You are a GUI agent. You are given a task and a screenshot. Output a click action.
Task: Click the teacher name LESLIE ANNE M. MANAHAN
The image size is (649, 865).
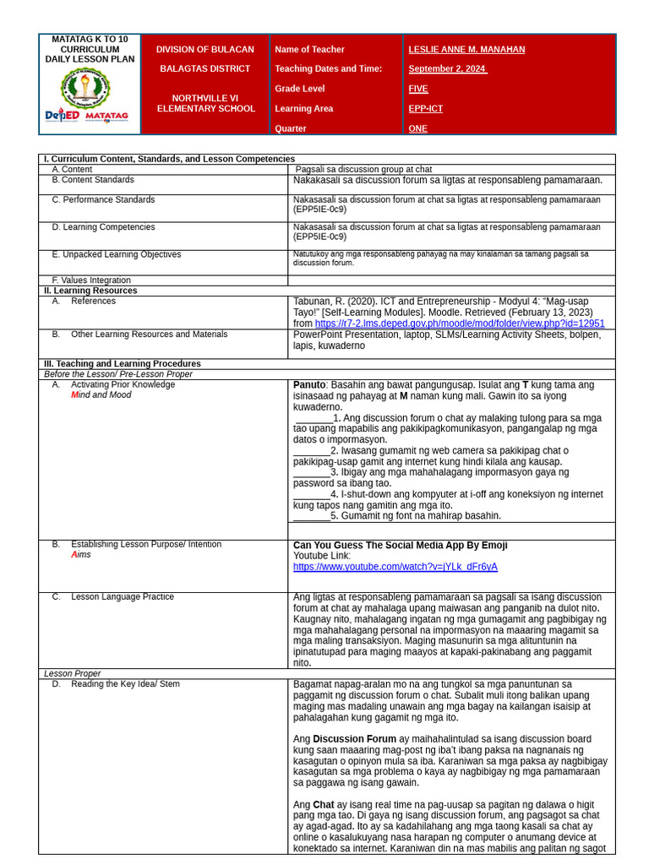point(466,50)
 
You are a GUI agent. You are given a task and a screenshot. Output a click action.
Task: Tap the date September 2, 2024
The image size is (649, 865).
point(448,69)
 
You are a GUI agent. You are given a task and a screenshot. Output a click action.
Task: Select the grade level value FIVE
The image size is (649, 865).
point(418,89)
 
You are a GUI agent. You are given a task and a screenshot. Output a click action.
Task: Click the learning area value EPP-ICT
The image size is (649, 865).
point(425,109)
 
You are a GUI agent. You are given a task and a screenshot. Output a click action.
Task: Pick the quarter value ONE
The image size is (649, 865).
point(417,128)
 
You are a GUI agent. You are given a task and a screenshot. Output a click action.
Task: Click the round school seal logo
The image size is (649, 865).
point(85,88)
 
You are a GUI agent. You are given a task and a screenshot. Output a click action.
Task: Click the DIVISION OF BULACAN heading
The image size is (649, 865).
point(205,50)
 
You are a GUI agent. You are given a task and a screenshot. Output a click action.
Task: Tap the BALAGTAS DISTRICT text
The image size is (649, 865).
point(205,69)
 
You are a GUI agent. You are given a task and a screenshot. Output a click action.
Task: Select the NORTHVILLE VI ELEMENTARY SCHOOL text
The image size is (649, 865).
point(205,103)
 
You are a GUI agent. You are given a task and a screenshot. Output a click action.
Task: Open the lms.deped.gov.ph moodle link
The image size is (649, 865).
point(460,324)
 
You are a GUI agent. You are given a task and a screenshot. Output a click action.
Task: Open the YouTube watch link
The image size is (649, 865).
point(395,567)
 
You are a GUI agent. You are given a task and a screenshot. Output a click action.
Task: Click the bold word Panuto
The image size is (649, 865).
point(309,385)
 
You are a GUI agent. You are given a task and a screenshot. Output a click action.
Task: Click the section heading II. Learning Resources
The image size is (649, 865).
point(90,291)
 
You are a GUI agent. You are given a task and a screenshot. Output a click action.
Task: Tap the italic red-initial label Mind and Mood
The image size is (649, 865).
point(101,395)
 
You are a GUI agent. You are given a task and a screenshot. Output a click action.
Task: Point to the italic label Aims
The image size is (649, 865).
point(81,555)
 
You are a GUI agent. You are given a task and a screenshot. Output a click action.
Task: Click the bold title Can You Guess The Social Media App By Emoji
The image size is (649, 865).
point(400,546)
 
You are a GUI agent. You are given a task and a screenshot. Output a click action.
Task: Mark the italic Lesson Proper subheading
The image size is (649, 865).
point(73,674)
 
